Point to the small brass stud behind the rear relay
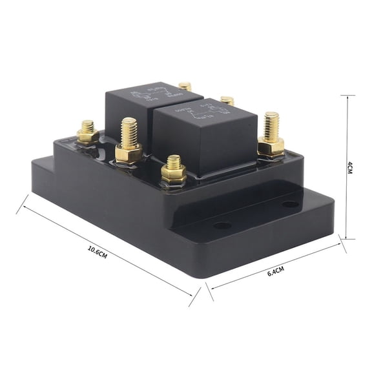click(185, 86)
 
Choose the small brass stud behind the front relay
click(227, 101)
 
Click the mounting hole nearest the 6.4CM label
click(222, 226)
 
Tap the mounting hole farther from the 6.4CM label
click(291, 204)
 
